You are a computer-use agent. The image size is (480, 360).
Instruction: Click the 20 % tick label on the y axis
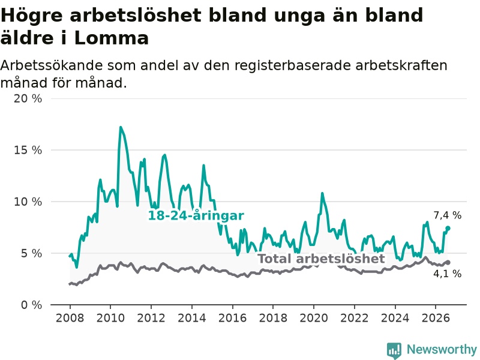tap(28, 98)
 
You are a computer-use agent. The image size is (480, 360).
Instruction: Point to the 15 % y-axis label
tap(28, 150)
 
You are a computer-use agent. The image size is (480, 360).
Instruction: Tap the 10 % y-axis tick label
tap(28, 202)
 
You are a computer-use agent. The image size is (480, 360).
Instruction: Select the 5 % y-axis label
tap(31, 253)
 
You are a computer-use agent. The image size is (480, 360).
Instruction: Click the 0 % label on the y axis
tap(31, 305)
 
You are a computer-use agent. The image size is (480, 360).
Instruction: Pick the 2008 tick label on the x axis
tap(70, 318)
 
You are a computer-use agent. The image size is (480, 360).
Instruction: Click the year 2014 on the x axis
tap(192, 318)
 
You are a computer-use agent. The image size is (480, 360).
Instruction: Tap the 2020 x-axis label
tap(314, 318)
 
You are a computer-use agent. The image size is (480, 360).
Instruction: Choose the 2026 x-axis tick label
tap(436, 318)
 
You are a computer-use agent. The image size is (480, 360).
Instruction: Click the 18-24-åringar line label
tap(196, 216)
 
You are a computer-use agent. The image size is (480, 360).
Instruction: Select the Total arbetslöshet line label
tap(321, 259)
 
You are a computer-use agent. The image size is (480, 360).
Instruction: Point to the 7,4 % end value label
tap(447, 215)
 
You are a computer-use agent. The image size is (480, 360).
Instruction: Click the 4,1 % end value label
tap(447, 274)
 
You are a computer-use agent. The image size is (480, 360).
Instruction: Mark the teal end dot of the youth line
tap(448, 228)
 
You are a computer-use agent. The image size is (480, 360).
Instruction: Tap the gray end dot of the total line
tap(448, 262)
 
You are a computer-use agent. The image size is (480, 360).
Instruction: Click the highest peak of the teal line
tap(121, 127)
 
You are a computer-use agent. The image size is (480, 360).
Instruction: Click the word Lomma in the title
tap(112, 38)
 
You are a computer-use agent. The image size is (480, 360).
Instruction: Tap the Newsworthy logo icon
tap(394, 350)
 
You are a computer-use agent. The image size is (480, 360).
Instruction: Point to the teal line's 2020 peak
tap(322, 193)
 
